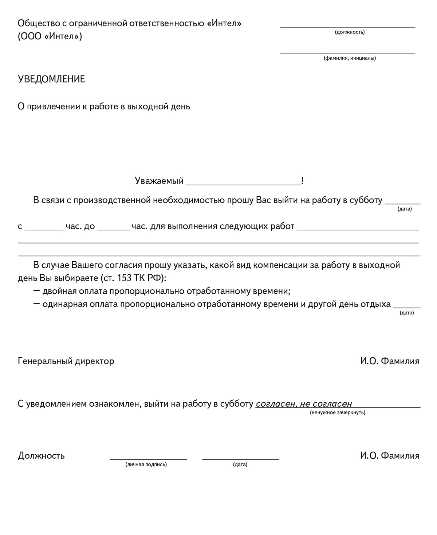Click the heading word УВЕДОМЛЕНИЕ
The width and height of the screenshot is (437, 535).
(x=51, y=79)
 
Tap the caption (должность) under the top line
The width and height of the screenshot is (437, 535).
(x=350, y=32)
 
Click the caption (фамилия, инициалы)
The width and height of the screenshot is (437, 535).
(x=350, y=58)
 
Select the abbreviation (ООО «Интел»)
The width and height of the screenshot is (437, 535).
(x=50, y=37)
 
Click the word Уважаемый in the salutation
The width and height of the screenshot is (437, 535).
(x=159, y=181)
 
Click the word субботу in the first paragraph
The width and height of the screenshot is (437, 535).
(x=366, y=200)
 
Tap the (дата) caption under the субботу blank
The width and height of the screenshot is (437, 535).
(x=405, y=209)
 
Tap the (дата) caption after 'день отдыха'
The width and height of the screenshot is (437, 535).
(x=407, y=313)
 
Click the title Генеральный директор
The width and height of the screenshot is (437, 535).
(x=66, y=361)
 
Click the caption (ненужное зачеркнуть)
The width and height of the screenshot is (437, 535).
(x=338, y=413)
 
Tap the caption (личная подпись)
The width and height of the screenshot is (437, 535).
(x=146, y=464)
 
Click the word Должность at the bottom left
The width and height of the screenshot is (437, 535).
(x=41, y=456)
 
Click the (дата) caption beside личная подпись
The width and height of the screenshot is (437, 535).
(x=240, y=464)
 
